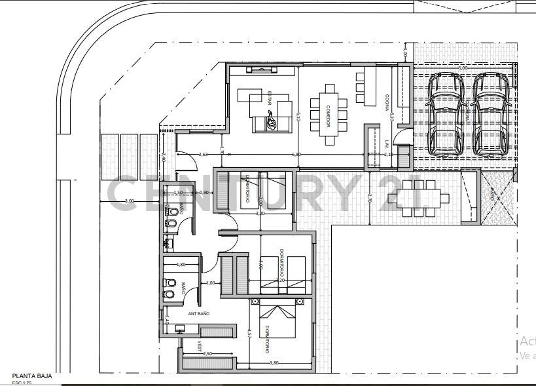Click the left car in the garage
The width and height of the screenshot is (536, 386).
[447, 113]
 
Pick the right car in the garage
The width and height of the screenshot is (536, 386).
[491, 113]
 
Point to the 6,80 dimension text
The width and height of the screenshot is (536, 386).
[296, 155]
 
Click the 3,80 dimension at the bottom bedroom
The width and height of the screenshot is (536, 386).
[274, 362]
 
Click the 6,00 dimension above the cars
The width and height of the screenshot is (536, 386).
[463, 68]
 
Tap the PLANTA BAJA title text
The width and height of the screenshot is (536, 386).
[32, 376]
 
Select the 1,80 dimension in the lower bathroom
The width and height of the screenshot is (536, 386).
[181, 265]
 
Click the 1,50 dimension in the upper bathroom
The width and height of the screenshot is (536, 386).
[178, 193]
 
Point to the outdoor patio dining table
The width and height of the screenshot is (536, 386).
[420, 197]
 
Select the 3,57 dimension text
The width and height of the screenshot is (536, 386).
[250, 333]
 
